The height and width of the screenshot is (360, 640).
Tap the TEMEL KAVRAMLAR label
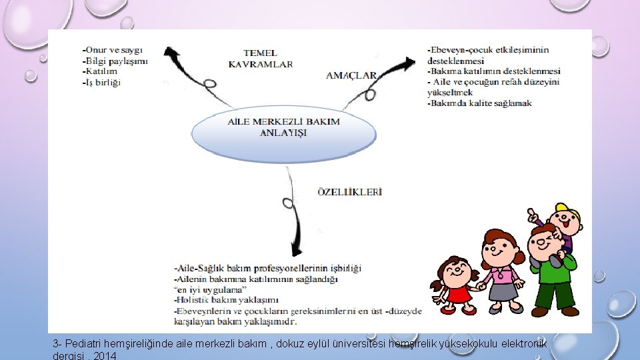(260, 59)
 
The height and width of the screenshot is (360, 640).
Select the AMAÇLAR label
(351, 75)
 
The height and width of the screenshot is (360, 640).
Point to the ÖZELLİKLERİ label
(349, 192)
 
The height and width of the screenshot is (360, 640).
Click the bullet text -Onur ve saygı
(111, 50)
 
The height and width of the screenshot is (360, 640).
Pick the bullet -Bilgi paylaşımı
(114, 61)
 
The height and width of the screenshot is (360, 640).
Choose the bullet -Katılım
(99, 71)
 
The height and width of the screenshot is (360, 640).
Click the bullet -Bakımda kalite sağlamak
(479, 103)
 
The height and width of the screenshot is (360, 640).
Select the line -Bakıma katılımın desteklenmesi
(493, 71)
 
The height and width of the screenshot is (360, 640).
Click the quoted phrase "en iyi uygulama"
(210, 289)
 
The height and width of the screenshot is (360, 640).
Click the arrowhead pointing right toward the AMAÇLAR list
(408, 65)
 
